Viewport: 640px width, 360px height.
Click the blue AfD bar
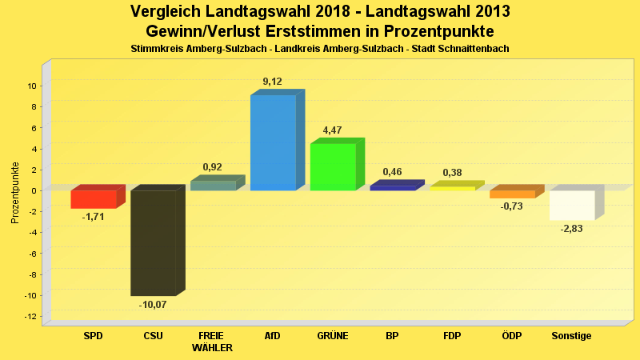273,142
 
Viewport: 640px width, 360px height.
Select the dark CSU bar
153,242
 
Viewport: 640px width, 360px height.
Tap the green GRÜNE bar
333,166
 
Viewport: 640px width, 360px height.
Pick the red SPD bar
94,198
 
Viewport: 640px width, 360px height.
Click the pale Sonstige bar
571,205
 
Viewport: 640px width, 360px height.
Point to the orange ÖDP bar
512,194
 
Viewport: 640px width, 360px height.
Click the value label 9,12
272,82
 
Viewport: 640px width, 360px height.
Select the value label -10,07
153,305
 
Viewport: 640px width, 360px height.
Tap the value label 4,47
333,130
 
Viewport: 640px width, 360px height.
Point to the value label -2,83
572,229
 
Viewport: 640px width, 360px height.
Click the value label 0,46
392,172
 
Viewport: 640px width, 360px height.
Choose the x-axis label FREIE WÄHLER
213,342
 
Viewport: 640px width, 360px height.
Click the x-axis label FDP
452,336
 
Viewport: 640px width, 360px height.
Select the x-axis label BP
392,336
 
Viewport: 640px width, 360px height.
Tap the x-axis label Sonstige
571,336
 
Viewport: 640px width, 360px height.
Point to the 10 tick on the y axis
32,86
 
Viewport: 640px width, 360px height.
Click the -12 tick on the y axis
30,317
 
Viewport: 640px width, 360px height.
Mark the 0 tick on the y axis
34,190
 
